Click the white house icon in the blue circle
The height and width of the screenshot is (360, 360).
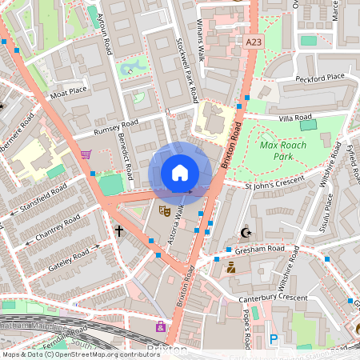180,173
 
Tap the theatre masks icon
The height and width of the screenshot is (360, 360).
164,211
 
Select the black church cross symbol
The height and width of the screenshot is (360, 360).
119,231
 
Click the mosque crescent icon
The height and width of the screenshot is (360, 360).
246,233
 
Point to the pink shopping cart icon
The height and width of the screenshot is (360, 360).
86,154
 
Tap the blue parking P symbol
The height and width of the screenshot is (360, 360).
274,339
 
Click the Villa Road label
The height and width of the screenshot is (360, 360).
294,118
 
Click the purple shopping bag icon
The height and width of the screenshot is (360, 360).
161,326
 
